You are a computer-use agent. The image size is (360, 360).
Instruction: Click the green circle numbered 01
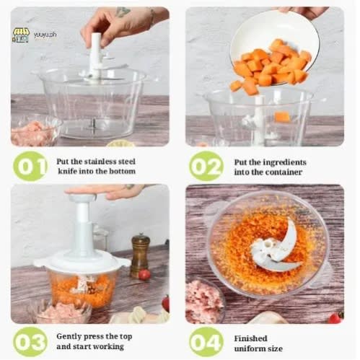[x=30, y=166]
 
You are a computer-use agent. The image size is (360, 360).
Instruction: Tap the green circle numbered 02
[x=206, y=166]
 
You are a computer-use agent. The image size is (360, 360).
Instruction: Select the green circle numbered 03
[x=30, y=341]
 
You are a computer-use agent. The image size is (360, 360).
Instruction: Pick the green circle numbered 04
[x=206, y=341]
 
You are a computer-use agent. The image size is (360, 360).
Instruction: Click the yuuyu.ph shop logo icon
[x=21, y=35]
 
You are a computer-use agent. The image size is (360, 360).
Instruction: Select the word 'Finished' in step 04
[x=250, y=338]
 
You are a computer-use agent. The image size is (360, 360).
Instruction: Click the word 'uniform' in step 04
[x=248, y=348]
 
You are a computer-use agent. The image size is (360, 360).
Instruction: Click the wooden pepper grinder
[x=140, y=255]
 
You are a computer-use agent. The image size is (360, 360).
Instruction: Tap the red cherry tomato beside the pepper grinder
[x=144, y=275]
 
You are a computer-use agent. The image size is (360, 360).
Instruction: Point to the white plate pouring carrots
[x=274, y=45]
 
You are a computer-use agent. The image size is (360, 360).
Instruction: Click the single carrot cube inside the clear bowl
[x=282, y=117]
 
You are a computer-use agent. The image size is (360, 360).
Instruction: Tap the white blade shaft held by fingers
[x=96, y=58]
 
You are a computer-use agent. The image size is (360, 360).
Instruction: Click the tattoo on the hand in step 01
[x=123, y=12]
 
